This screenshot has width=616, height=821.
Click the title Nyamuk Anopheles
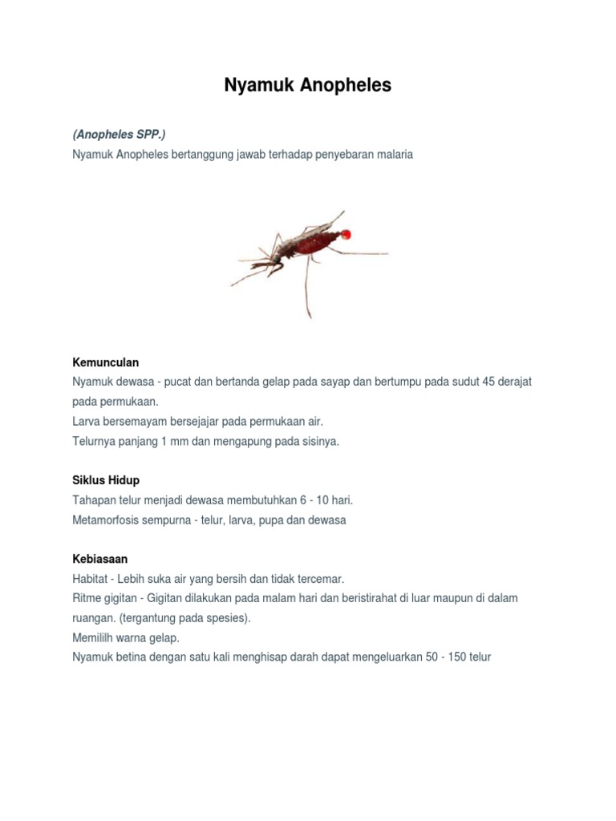click(x=308, y=86)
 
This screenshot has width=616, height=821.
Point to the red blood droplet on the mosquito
click(x=346, y=234)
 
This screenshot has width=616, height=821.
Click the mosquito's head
click(x=276, y=259)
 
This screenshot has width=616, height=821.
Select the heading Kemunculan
click(x=105, y=362)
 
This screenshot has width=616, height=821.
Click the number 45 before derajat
click(x=490, y=382)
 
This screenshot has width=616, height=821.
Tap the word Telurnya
click(x=95, y=441)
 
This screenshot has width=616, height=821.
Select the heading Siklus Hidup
click(x=106, y=479)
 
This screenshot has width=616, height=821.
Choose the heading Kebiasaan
click(x=100, y=558)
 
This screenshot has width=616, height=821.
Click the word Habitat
click(x=91, y=578)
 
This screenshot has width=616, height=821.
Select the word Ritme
click(x=87, y=598)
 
